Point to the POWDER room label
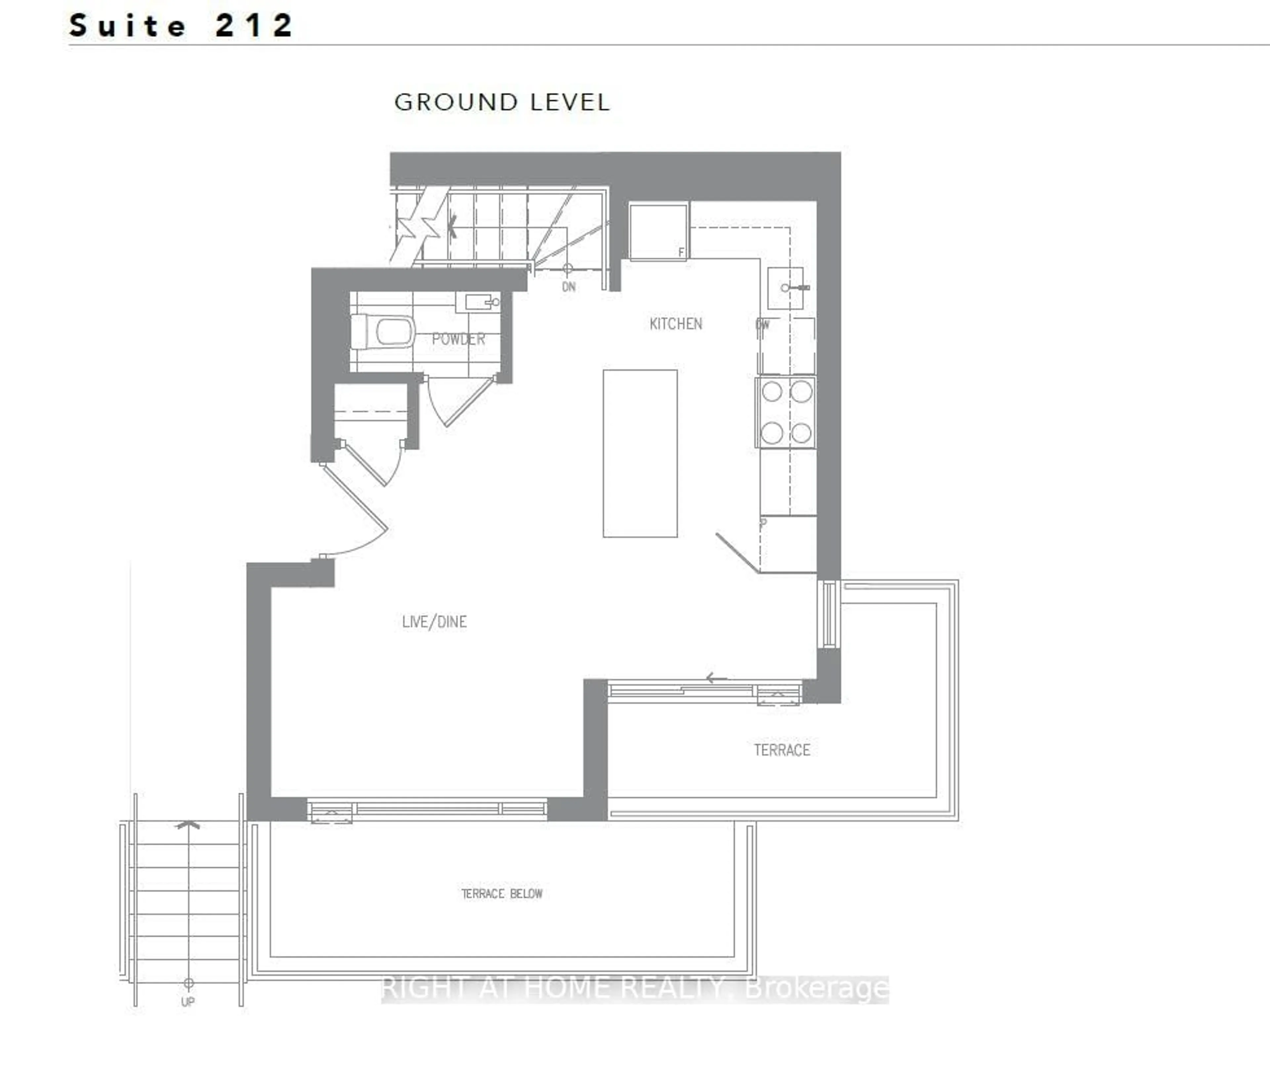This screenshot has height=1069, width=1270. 458,339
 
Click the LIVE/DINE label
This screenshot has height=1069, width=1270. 434,622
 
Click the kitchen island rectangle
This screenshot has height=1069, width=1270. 640,453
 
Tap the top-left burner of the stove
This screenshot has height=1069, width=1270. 772,391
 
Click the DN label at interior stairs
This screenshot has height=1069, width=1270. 568,287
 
